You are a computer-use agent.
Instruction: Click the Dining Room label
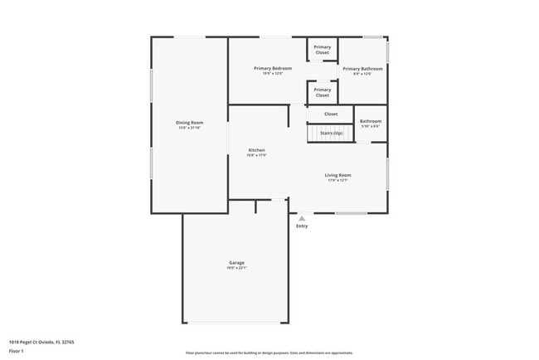point(189,122)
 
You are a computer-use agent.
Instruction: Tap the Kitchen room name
point(256,150)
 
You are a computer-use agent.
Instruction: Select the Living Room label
point(337,175)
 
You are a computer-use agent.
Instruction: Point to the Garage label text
point(236,263)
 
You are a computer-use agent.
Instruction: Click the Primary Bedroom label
point(273,68)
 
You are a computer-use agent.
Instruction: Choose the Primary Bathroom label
point(362,69)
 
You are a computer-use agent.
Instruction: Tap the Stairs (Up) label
point(331,133)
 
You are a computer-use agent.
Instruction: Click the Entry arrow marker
point(302,219)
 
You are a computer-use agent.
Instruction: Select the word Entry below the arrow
point(302,226)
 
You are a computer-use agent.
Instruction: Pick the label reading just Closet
point(331,114)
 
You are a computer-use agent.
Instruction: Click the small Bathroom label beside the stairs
point(371,121)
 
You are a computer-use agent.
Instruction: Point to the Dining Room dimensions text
point(189,128)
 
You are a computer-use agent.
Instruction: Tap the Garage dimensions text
point(236,268)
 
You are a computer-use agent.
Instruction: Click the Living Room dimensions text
point(337,180)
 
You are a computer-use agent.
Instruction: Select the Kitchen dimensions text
point(256,155)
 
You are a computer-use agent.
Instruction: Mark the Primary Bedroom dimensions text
point(273,73)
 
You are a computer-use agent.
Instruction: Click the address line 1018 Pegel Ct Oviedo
point(42,341)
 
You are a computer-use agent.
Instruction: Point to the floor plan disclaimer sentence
point(269,353)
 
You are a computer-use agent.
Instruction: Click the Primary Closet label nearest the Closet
point(323,92)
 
